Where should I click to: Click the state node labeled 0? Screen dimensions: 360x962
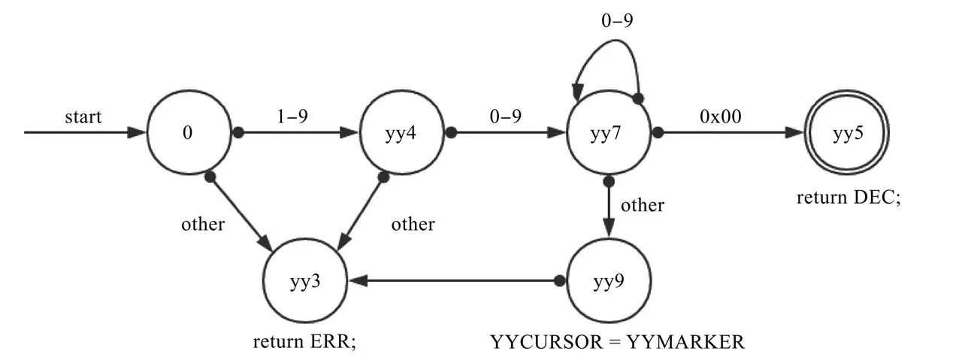[x=188, y=133]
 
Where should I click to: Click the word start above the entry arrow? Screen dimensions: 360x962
[x=83, y=117]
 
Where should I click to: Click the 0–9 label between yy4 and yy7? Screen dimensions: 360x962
[x=505, y=117]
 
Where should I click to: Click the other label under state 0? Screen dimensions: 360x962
[x=202, y=224]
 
